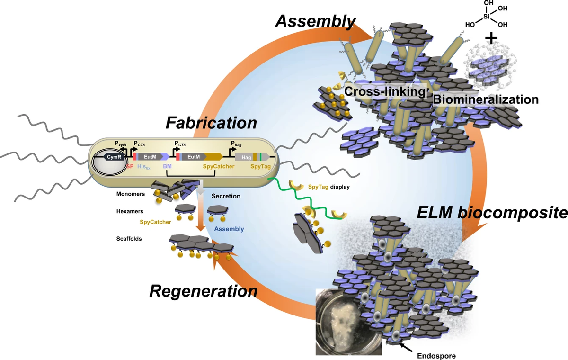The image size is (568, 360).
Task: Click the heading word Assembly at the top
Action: pos(315,21)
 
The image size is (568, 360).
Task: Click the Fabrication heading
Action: pos(211,123)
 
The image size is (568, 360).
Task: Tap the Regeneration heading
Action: pos(204,291)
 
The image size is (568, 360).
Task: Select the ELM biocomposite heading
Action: pos(492,213)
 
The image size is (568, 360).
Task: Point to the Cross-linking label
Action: pos(385,91)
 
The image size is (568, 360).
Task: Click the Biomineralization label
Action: pos(485,99)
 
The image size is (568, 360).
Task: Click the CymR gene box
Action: pos(114,157)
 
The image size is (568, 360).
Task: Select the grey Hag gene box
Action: pos(246,157)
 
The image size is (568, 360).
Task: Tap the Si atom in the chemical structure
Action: pos(486,17)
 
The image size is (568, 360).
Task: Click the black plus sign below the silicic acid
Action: pos(491,38)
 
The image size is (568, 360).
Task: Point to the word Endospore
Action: pos(436,356)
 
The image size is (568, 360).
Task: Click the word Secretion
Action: pos(226,196)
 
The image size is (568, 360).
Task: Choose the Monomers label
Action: pos(131,194)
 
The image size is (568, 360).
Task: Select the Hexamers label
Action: pos(130,211)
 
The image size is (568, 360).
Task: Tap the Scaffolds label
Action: pos(129,239)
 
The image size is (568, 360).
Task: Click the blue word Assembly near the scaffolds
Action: pos(229,229)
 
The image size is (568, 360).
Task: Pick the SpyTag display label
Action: pos(328,187)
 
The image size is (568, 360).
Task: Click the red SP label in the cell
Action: pos(130,166)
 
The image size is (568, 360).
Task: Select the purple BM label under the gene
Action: pos(167,166)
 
